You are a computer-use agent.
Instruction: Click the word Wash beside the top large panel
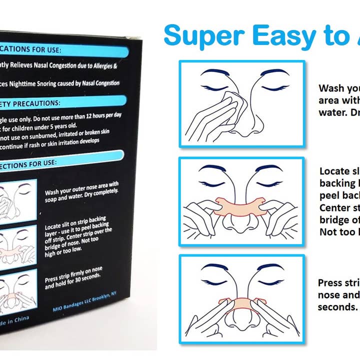pos(331,88)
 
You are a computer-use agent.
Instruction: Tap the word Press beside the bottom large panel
pos(330,283)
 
